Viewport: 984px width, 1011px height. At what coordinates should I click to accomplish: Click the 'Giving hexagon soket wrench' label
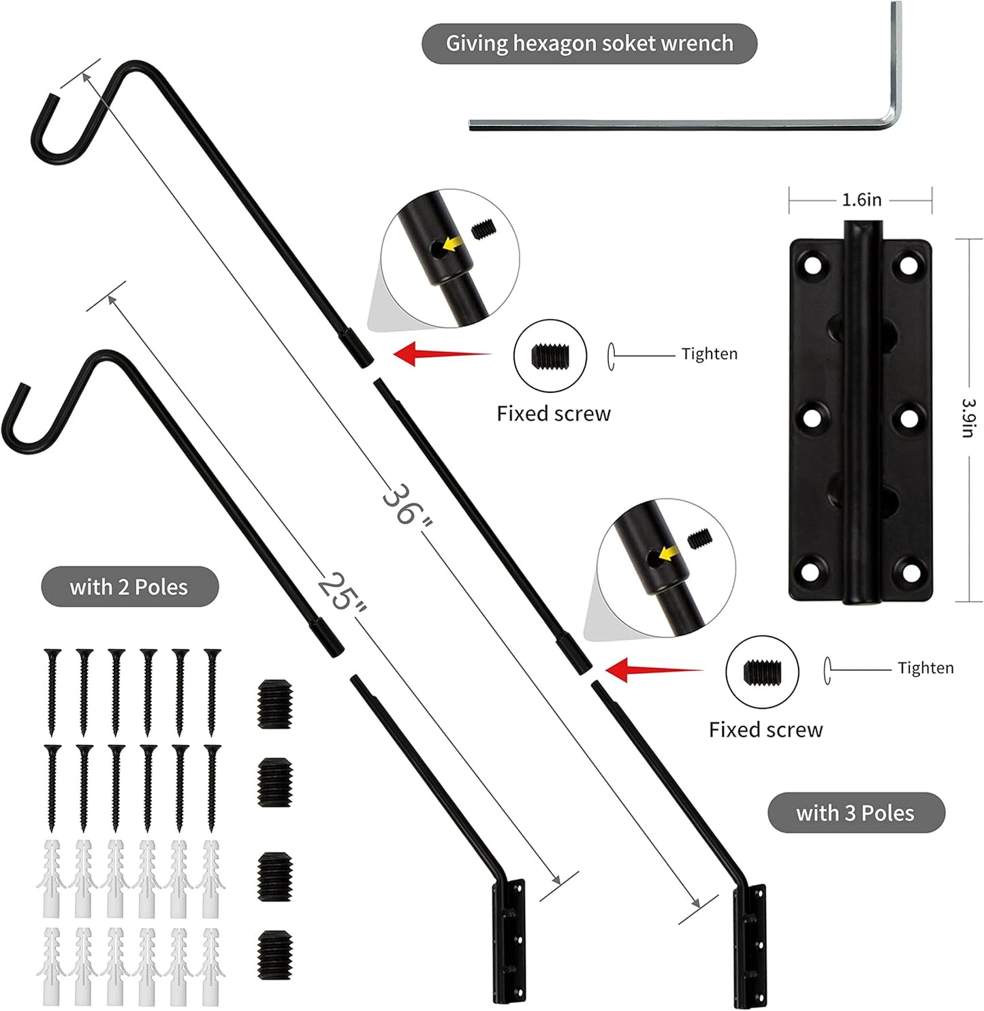(589, 44)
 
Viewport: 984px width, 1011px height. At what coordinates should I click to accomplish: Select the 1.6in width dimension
(861, 200)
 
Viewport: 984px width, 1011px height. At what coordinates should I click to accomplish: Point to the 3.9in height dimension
(969, 418)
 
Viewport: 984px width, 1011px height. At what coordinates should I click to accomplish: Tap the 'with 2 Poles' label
(129, 587)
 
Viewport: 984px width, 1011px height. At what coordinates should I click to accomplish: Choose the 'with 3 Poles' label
(855, 813)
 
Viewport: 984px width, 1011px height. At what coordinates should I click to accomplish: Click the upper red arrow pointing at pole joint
(442, 354)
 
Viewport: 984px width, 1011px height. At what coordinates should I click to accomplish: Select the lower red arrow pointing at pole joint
(654, 670)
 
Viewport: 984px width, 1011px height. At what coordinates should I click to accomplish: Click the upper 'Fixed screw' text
(553, 414)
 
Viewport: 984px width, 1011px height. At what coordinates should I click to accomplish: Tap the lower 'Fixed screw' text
(765, 730)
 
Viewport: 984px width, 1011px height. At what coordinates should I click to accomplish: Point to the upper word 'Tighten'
(709, 354)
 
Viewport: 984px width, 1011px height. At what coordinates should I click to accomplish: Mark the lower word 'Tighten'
(925, 668)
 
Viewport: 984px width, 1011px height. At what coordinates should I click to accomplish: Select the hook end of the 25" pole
(27, 426)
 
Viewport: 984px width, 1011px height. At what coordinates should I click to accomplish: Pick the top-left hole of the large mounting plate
(812, 266)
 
